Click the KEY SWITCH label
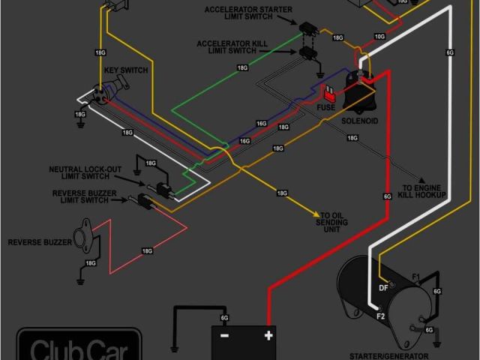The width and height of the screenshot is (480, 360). point(127,70)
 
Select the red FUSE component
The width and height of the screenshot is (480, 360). point(329,93)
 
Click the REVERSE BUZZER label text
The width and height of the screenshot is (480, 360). point(40,242)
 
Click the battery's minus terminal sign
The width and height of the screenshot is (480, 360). point(223,336)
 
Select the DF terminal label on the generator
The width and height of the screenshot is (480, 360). point(383,288)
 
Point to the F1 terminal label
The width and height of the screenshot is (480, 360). point(417,276)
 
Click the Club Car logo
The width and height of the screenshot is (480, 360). point(79,348)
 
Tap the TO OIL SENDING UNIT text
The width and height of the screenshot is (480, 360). point(331,221)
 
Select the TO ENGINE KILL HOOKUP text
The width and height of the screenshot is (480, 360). point(424,190)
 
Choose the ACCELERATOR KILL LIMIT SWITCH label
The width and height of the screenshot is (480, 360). point(232,46)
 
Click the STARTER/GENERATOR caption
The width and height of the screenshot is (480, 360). point(389,355)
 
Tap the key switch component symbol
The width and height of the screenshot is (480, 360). point(100,93)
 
